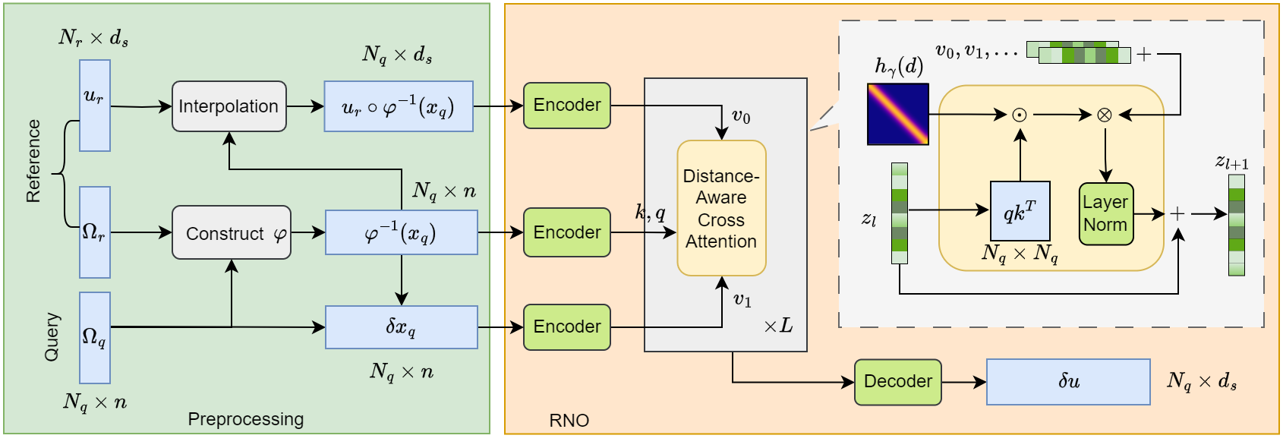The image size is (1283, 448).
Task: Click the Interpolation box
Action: [x=229, y=106]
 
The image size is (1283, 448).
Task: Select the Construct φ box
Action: [x=231, y=232]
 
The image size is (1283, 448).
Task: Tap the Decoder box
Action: [x=897, y=381]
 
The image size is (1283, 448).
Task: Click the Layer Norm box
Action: [x=1105, y=213]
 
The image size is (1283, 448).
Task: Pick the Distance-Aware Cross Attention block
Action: [x=721, y=208]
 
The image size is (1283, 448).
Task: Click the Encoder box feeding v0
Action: [x=566, y=105]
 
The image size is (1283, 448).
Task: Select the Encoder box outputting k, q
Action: [x=566, y=232]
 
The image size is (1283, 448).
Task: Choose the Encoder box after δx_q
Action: [x=566, y=327]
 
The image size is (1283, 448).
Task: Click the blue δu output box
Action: [x=1067, y=381]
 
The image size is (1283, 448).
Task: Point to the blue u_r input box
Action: [x=95, y=106]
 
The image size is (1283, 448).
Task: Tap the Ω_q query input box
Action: [x=95, y=337]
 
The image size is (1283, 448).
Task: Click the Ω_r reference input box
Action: [x=95, y=232]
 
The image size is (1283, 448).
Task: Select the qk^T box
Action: [x=1020, y=210]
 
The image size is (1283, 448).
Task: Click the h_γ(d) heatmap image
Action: [x=897, y=114]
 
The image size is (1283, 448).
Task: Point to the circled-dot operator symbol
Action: [x=1020, y=115]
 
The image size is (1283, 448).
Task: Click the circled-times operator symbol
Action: [x=1105, y=115]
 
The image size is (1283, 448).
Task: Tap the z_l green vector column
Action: [x=899, y=213]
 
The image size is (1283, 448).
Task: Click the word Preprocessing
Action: [x=245, y=419]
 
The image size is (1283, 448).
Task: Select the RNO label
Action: [x=569, y=420]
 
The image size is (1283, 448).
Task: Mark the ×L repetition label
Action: [x=778, y=327]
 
